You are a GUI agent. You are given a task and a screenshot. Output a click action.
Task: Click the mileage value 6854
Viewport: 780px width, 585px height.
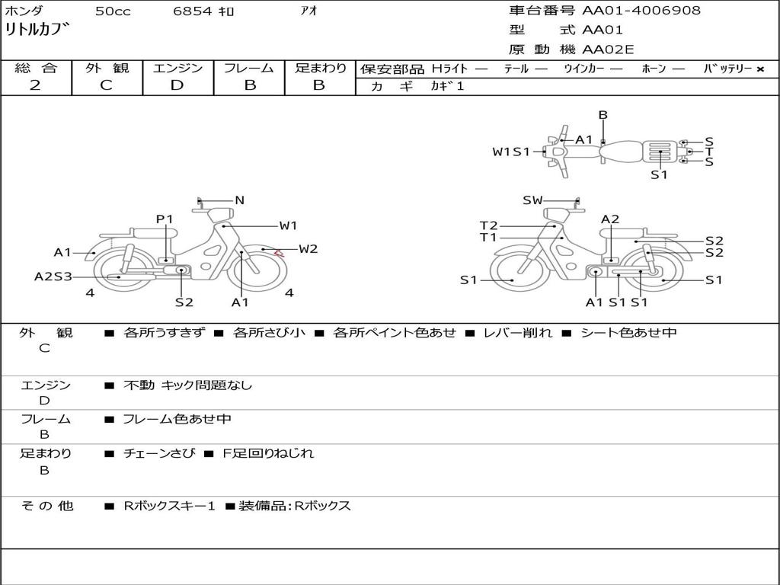(193, 11)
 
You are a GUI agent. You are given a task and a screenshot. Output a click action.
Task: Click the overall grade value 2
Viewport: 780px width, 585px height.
(35, 85)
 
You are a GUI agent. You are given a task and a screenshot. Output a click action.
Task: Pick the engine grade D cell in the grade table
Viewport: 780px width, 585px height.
(177, 85)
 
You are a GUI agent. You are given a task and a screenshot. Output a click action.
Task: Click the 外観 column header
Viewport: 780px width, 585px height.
(107, 68)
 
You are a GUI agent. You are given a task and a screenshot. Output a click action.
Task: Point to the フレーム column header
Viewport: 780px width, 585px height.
(249, 68)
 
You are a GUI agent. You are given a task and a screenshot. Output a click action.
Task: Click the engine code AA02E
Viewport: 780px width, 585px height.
(608, 50)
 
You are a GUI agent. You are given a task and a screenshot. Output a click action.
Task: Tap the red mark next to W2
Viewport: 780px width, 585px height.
(280, 252)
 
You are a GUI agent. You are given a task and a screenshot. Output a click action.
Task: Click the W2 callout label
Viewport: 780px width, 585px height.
(308, 248)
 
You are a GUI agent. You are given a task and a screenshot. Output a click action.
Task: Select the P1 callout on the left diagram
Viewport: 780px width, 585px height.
(165, 219)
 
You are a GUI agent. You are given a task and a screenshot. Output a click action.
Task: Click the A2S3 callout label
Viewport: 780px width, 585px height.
(53, 277)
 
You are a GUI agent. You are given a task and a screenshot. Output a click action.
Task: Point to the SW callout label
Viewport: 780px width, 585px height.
(532, 200)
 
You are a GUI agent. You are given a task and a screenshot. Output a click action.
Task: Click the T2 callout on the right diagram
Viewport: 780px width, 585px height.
(488, 225)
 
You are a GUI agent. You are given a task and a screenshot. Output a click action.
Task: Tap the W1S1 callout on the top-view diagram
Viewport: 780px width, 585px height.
(510, 152)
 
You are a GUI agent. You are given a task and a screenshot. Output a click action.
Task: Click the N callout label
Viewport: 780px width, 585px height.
(239, 200)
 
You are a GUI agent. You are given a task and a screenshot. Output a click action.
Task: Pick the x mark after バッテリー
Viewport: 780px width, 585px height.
(759, 69)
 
